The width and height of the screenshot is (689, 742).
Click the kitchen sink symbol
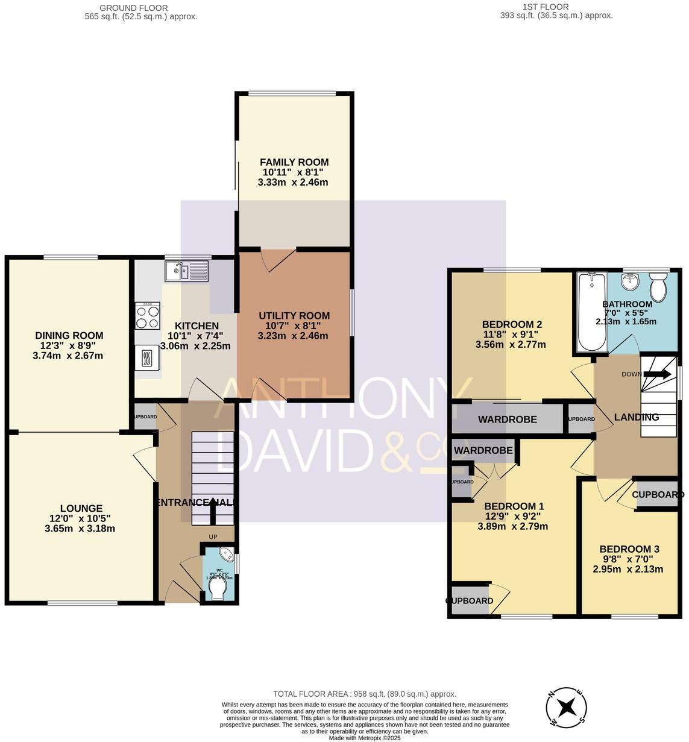(x=186, y=271)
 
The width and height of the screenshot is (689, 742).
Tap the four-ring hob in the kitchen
(x=148, y=315)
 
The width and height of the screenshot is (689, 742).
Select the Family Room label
(x=294, y=162)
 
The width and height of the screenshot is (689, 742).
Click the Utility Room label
(x=294, y=315)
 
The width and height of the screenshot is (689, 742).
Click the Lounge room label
(x=81, y=508)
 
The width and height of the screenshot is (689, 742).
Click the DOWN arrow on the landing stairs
(x=657, y=374)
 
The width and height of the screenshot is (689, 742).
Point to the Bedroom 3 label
(x=629, y=549)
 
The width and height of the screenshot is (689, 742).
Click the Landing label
(x=636, y=417)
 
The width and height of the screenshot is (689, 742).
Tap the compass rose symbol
(x=566, y=706)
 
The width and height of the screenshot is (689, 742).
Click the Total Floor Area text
(x=364, y=694)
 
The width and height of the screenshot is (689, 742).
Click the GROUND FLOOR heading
(x=134, y=8)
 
